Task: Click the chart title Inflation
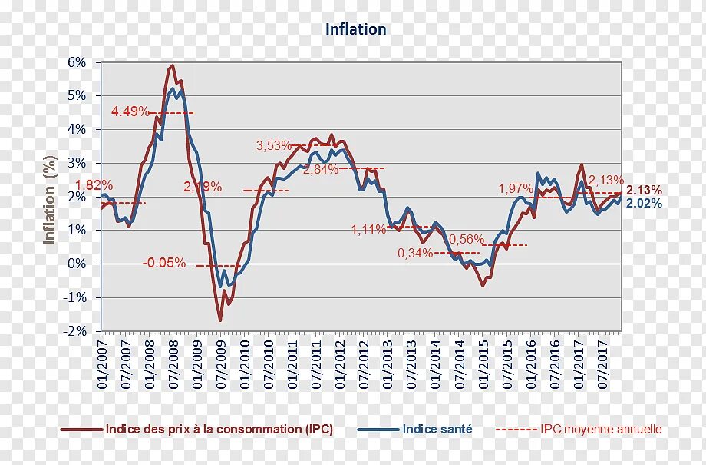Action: pos(355,29)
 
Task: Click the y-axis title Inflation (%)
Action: pos(51,198)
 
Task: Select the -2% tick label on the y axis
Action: pos(75,331)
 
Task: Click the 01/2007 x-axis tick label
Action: pos(102,361)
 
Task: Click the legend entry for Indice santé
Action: pos(437,430)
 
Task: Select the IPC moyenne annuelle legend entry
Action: pos(600,430)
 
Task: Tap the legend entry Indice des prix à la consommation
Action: pos(219,430)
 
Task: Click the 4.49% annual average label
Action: pos(130,111)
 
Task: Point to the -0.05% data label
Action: pos(164,263)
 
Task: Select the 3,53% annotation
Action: pos(274,145)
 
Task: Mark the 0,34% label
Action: pos(414,253)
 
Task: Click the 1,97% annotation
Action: pos(516,188)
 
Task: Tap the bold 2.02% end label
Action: pos(644,203)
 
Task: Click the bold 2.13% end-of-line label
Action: pos(644,190)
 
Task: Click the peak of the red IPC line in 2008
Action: pos(173,65)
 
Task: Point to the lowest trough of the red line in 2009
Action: pos(220,321)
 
